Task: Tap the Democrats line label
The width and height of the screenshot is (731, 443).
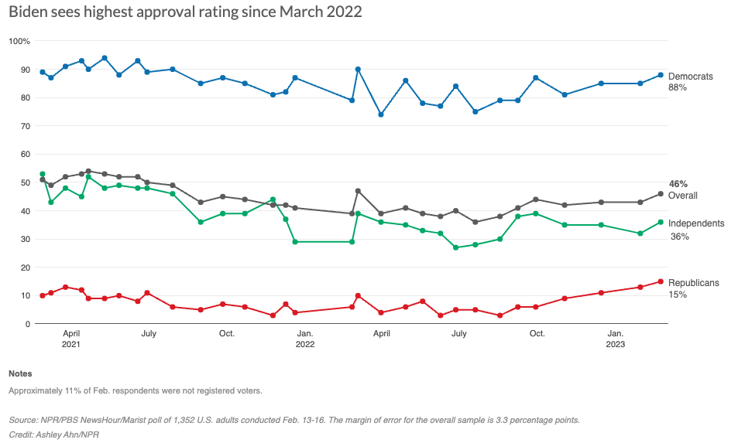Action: pos(690,77)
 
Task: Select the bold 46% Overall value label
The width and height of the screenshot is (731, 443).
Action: pos(678,184)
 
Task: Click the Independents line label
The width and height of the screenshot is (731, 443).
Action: pos(695,223)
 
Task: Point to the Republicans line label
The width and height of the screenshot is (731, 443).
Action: pos(693,283)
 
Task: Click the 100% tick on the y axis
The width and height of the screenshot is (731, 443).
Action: pos(19,41)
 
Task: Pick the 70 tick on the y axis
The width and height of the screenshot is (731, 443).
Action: pos(24,126)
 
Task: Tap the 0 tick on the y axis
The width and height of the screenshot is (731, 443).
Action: pos(26,324)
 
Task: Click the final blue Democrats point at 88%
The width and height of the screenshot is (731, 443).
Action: pos(661,75)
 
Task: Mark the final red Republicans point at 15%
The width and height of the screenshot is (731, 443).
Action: pos(661,281)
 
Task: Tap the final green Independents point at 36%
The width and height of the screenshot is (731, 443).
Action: pos(661,222)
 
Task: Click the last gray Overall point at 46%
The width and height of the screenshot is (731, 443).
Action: pos(661,193)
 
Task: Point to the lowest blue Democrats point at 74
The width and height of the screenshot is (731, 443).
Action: pos(381,114)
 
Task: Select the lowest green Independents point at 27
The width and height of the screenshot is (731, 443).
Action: pos(456,247)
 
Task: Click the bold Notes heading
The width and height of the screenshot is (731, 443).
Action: pos(20,373)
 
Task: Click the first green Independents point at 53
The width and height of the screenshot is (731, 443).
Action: pos(43,174)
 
